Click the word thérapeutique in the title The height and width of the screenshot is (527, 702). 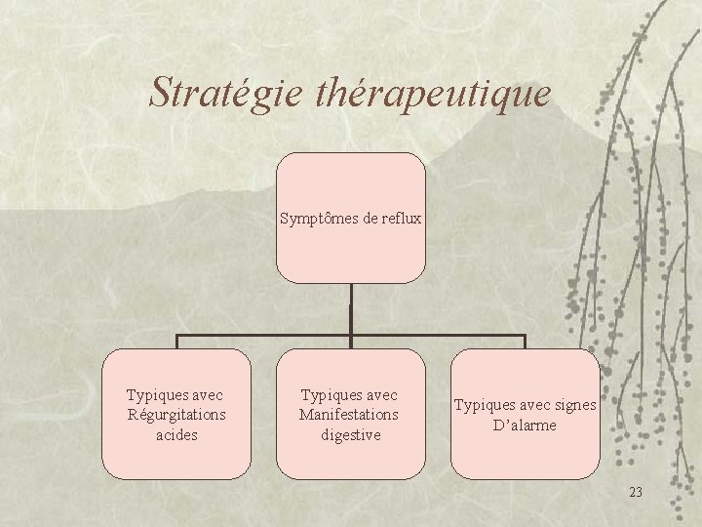434,94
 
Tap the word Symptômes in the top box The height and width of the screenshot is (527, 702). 319,219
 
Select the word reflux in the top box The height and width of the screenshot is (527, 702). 402,219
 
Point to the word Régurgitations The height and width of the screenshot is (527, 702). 176,415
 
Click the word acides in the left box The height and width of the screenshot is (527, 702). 176,434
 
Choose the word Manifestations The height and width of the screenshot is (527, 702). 349,415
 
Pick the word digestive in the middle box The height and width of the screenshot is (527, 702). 350,434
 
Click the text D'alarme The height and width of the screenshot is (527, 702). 525,426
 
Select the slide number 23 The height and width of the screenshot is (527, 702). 636,492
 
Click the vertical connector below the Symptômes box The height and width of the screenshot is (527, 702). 350,310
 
